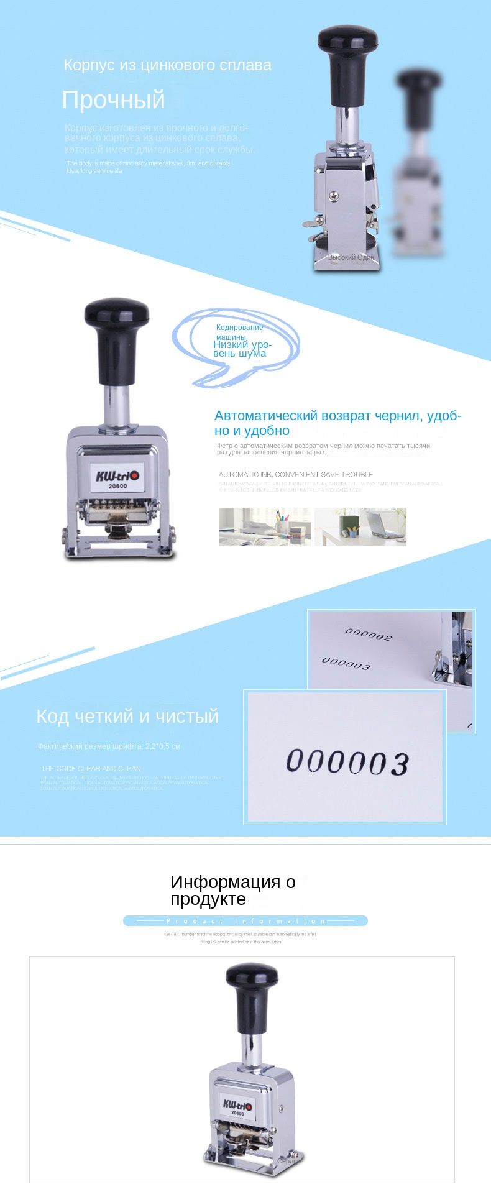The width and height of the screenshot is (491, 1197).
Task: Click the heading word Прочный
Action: coord(114,100)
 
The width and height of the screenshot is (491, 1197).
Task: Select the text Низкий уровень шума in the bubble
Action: coord(241,349)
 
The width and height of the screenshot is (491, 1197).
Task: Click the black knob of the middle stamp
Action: coord(117,313)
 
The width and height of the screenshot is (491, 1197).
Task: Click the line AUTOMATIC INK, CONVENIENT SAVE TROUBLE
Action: coord(296,474)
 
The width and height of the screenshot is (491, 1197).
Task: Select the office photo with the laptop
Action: coord(360,526)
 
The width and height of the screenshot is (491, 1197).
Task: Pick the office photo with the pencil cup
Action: coord(265,526)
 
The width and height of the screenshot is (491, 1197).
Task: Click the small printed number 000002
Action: coord(369,634)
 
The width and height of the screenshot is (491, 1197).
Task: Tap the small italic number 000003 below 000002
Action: coord(346,663)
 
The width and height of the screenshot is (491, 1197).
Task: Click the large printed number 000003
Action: coord(347,762)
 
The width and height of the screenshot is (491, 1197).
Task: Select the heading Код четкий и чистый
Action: coord(127,716)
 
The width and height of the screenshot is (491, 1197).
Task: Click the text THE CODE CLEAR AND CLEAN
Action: coord(91,768)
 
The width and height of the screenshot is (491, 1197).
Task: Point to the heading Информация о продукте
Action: coord(233,890)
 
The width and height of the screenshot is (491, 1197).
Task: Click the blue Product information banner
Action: coord(245,920)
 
